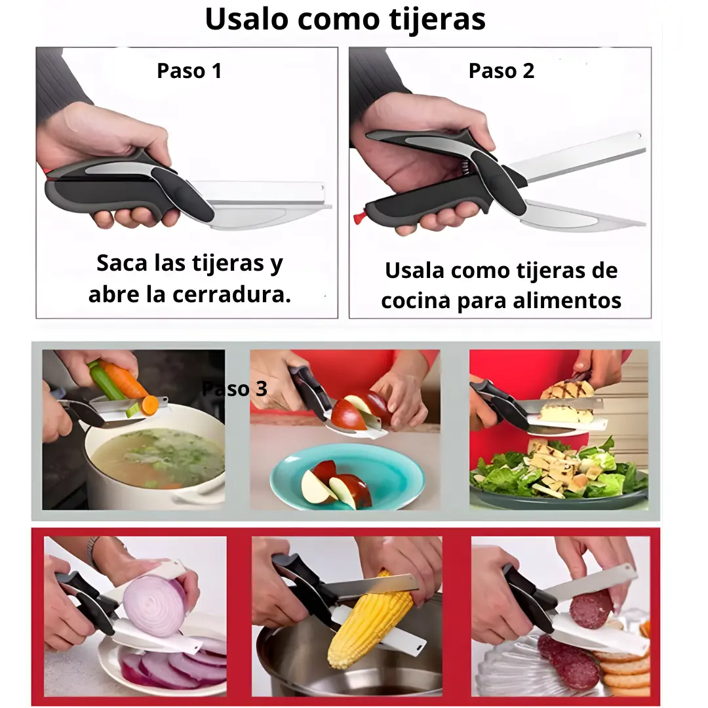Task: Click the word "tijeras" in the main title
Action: click(437, 20)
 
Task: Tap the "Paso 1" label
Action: click(189, 71)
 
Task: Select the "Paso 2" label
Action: click(501, 71)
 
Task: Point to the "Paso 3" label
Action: click(234, 388)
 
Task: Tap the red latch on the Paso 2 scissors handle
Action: click(359, 218)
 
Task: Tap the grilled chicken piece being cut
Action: click(567, 401)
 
